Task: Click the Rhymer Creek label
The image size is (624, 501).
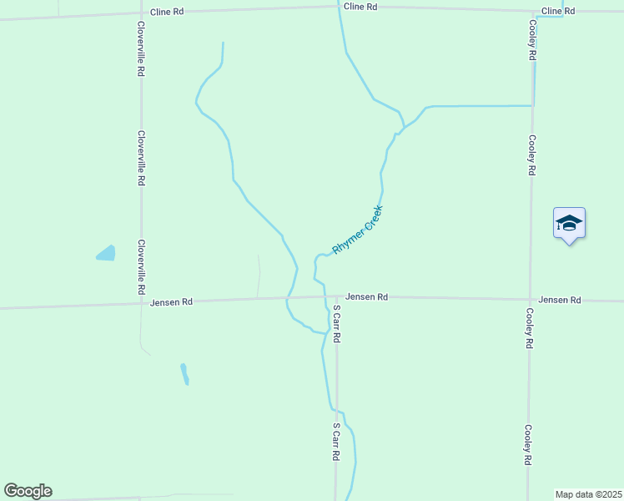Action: click(357, 230)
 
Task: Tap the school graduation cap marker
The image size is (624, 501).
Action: click(569, 223)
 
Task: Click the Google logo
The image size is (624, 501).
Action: click(28, 491)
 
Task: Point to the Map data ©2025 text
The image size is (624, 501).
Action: click(589, 494)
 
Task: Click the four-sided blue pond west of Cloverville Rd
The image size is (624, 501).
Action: click(106, 253)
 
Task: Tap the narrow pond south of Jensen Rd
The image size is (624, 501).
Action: click(184, 373)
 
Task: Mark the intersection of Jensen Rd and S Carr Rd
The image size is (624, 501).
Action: click(336, 296)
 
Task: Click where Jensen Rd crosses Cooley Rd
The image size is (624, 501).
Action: click(530, 299)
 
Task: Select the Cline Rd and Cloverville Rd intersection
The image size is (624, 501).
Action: click(140, 13)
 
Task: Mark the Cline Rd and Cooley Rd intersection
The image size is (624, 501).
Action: click(531, 10)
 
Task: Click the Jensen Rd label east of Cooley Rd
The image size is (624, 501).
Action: click(559, 300)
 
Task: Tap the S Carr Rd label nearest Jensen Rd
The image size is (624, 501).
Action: click(336, 325)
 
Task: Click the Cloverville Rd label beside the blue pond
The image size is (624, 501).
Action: click(142, 267)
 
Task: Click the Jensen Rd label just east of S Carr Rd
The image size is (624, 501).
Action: click(366, 296)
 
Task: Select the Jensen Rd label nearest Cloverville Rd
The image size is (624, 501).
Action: click(172, 302)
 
